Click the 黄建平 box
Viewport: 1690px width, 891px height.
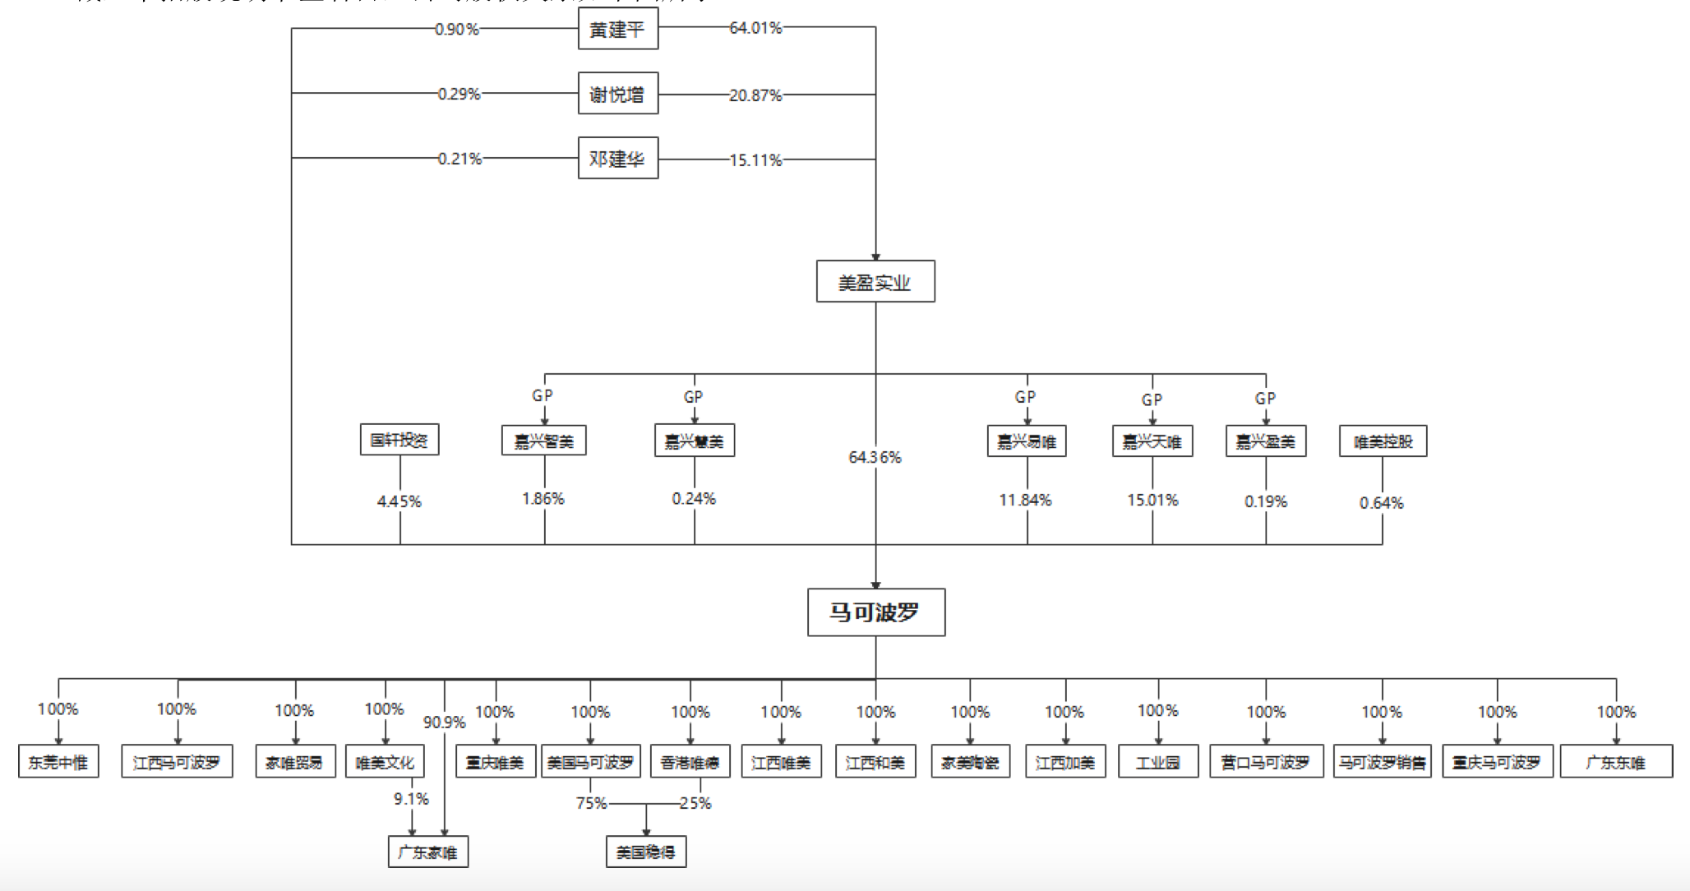tap(617, 30)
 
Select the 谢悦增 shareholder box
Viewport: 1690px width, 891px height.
tap(617, 95)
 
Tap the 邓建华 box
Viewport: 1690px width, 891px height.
tap(617, 159)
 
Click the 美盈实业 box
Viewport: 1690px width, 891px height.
tap(875, 282)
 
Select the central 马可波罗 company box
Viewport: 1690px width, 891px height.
tap(875, 612)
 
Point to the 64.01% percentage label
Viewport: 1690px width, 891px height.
tap(755, 28)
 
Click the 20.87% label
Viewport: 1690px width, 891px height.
tap(755, 95)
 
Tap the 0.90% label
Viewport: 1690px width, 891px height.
tap(457, 30)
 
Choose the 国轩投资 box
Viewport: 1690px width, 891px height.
tap(399, 440)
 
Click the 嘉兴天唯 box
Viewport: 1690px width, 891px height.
tap(1152, 441)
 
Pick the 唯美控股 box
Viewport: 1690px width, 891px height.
tap(1383, 441)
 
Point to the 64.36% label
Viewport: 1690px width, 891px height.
tap(875, 457)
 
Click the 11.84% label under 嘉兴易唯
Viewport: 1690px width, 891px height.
tap(1025, 500)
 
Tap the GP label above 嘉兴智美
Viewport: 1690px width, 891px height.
tap(543, 395)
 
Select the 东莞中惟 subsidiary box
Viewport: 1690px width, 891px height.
tap(58, 762)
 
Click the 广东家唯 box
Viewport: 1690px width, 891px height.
tap(427, 852)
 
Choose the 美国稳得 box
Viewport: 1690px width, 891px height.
tap(645, 852)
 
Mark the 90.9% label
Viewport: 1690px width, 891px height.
tap(444, 722)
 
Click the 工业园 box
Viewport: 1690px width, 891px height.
tap(1157, 762)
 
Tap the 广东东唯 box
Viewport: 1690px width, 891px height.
tap(1615, 762)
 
